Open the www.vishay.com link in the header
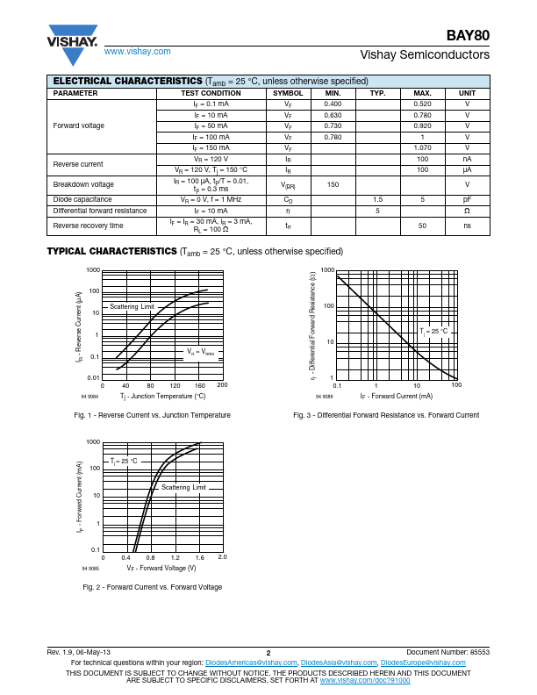(137, 52)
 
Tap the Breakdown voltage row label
(83, 184)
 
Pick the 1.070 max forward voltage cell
(422, 148)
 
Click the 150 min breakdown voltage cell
(333, 184)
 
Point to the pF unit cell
(467, 199)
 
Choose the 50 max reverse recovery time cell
(422, 226)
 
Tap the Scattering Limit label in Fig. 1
(132, 306)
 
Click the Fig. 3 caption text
(386, 415)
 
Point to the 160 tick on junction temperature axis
(199, 385)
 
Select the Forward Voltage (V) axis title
(161, 568)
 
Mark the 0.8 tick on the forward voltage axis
(151, 557)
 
